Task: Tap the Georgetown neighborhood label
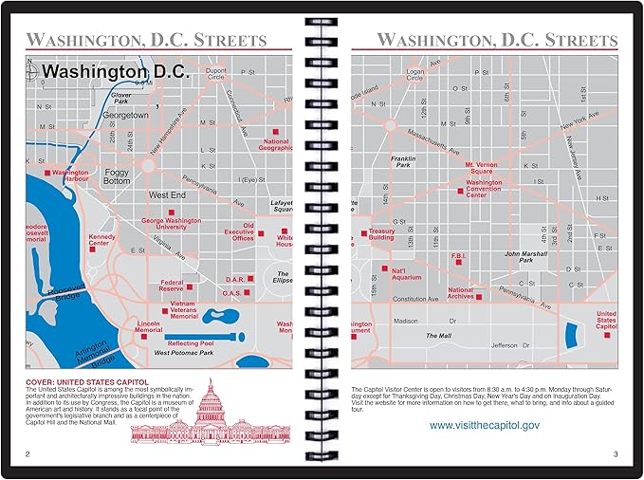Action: [127, 114]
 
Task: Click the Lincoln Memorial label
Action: [149, 327]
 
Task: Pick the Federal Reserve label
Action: [172, 285]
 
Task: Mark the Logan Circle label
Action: [414, 74]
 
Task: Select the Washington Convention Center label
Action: [484, 186]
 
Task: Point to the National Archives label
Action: [461, 294]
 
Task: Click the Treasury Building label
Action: [381, 234]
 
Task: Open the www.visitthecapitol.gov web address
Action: [484, 425]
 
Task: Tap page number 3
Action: [615, 454]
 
